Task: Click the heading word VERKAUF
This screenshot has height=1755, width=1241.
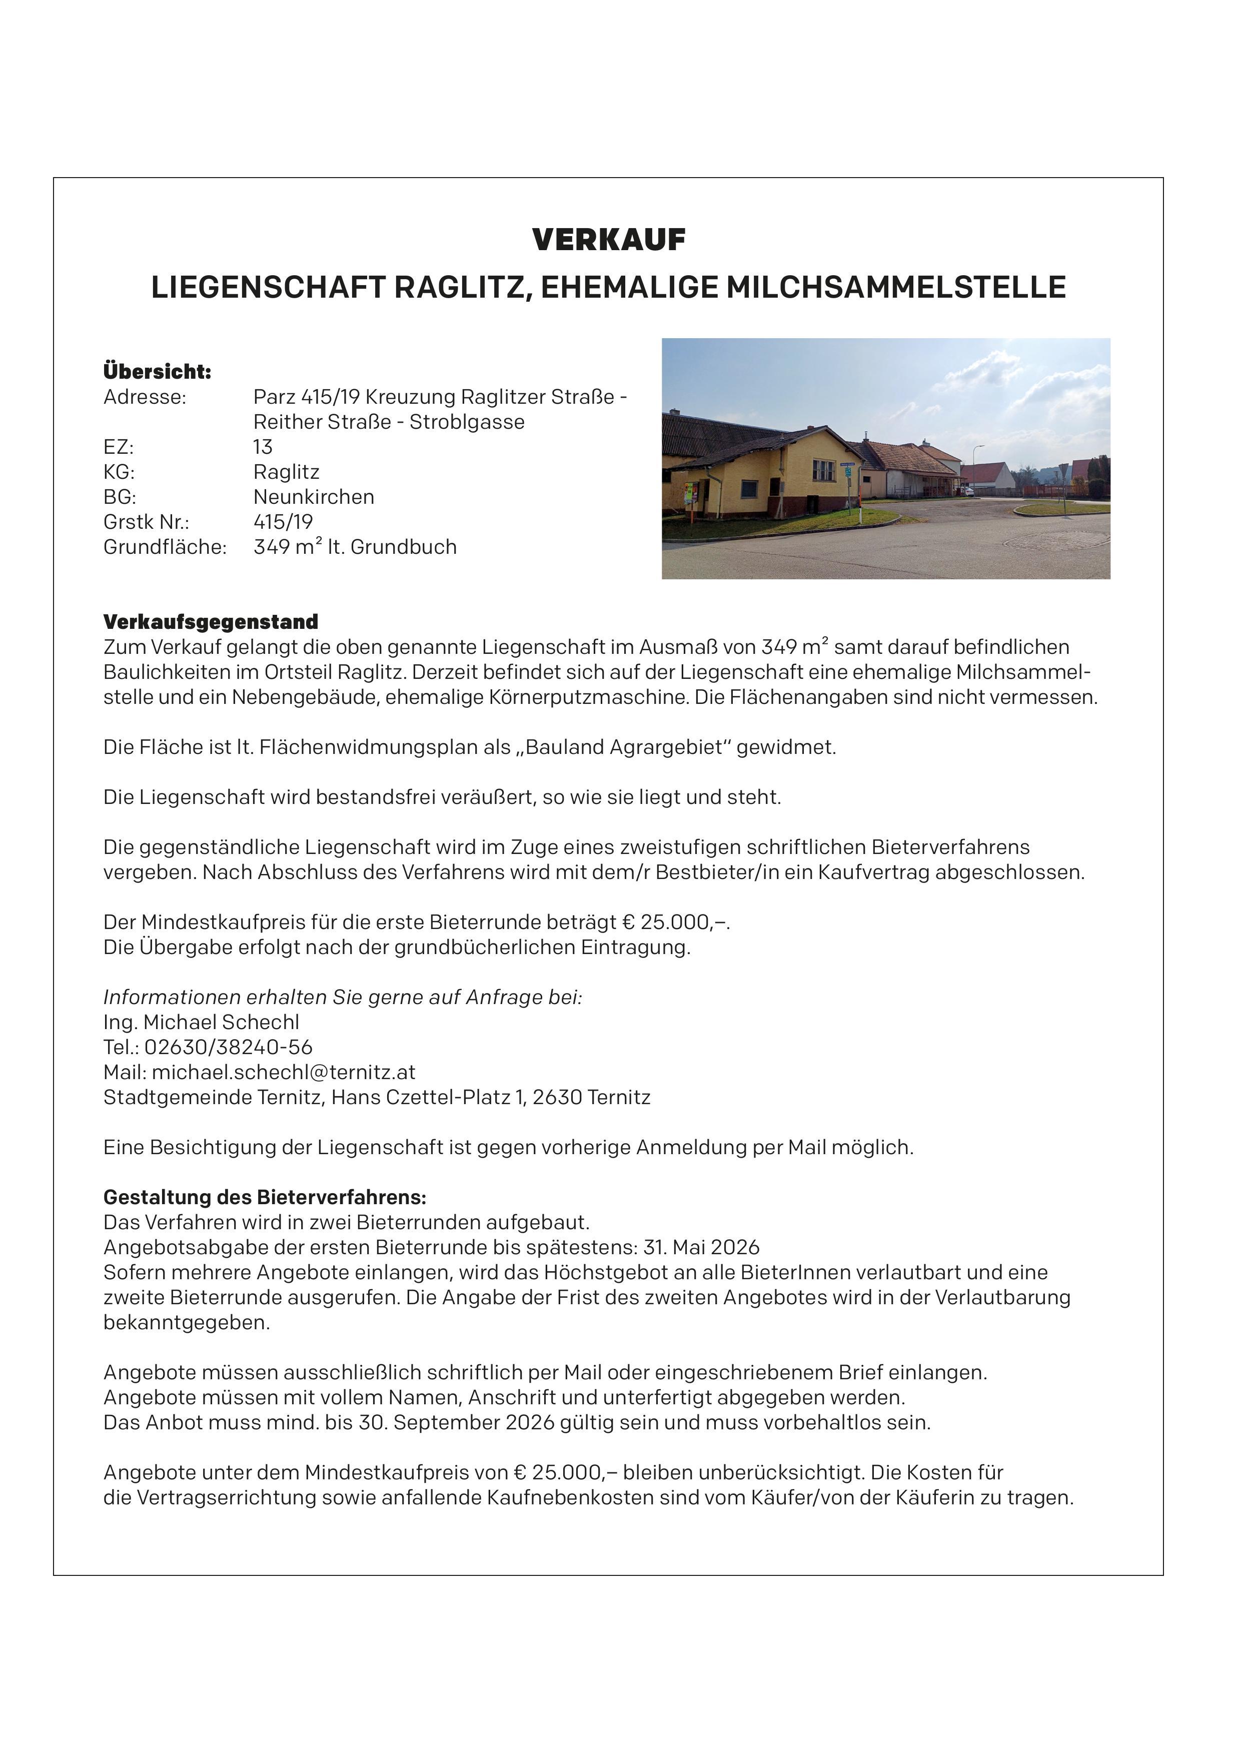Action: click(x=609, y=240)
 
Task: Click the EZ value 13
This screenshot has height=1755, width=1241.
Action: click(x=263, y=447)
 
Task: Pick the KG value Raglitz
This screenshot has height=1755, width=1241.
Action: click(x=287, y=472)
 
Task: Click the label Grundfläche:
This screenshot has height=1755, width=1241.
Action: click(x=165, y=547)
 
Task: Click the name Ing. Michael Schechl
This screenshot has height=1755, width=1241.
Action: click(x=201, y=1023)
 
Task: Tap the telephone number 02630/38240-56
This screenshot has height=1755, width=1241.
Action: click(x=229, y=1048)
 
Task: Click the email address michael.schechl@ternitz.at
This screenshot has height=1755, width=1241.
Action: click(x=284, y=1073)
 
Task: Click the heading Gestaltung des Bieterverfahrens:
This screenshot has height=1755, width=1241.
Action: click(x=265, y=1198)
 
